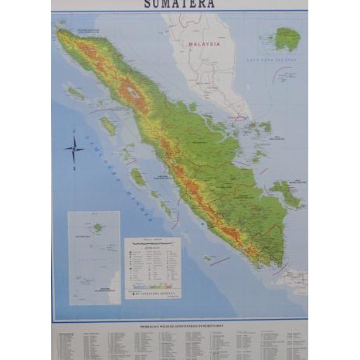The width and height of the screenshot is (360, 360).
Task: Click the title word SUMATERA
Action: [x=179, y=4]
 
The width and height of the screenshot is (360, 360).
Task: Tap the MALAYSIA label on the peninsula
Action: [x=204, y=45]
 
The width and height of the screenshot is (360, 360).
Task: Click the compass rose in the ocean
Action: [x=75, y=148]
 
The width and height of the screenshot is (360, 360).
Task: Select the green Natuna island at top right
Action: [x=287, y=38]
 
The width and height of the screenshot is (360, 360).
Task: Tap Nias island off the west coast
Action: [x=108, y=125]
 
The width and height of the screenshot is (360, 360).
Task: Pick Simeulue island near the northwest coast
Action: [x=75, y=93]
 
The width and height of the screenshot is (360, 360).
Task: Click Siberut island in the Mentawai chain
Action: [x=138, y=177]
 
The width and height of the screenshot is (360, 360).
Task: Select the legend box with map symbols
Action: [x=152, y=267]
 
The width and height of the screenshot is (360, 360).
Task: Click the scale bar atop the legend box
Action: [x=152, y=244]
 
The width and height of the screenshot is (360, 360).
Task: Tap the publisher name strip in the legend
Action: [x=153, y=292]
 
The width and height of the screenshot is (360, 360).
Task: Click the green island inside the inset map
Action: [x=97, y=228]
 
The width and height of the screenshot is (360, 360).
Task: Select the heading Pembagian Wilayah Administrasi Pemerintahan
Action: [x=179, y=325]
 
